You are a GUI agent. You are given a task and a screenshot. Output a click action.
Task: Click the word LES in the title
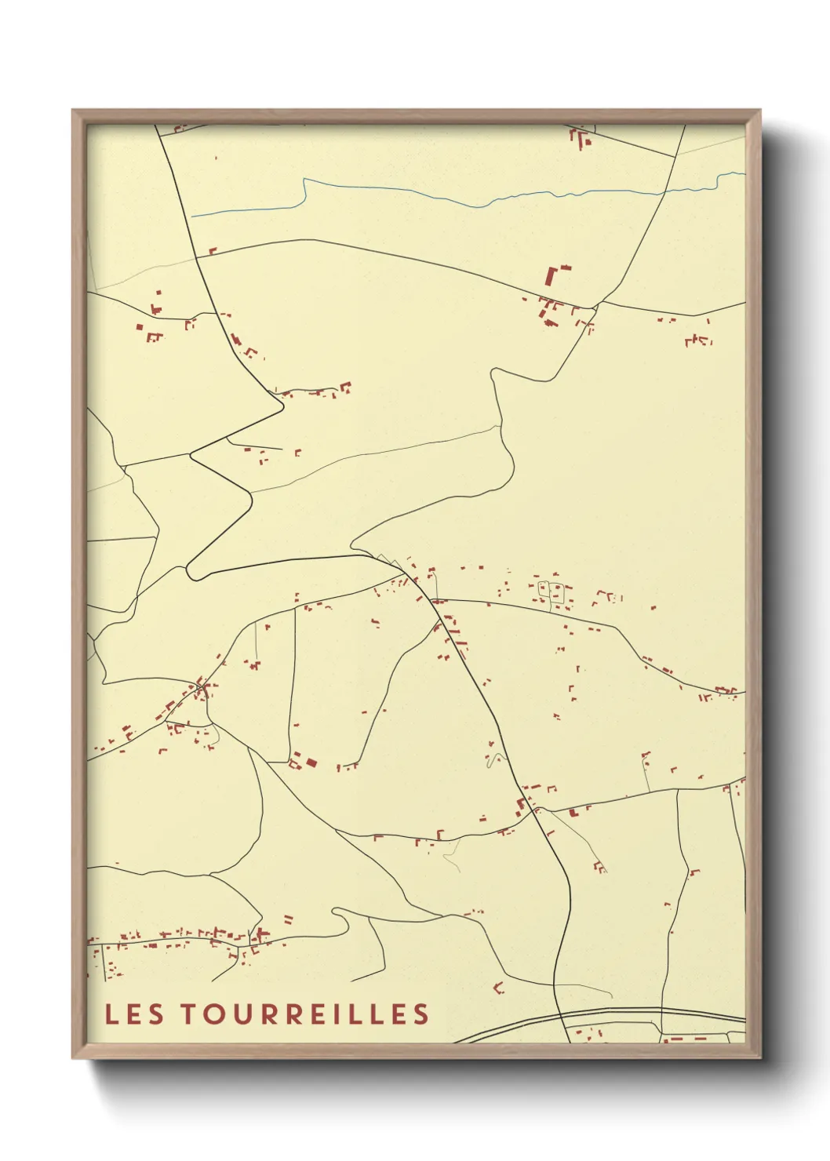(135, 1014)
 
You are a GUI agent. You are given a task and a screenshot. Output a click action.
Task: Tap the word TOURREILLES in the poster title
(306, 1014)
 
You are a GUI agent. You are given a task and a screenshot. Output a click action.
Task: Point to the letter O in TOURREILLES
(217, 1014)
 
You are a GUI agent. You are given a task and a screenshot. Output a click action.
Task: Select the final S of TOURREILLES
(422, 1014)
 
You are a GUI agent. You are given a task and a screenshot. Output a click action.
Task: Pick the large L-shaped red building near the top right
(555, 275)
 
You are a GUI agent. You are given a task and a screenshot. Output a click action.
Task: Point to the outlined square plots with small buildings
(550, 591)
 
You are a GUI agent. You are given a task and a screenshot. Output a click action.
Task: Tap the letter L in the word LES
(111, 1014)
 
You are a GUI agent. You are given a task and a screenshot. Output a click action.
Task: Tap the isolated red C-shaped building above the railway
(498, 987)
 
